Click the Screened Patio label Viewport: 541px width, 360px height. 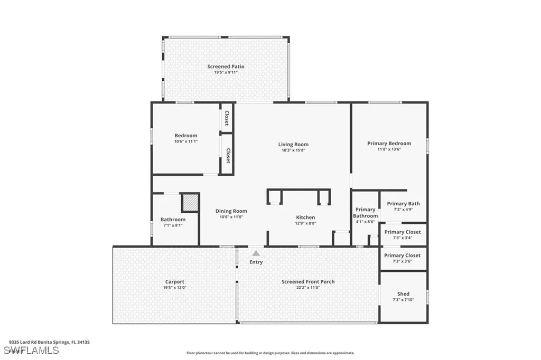point(226,67)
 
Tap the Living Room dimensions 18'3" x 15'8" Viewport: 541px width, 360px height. point(293,150)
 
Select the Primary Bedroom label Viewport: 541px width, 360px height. point(389,144)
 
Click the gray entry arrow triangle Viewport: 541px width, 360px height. point(256,253)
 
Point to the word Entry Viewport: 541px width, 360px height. point(256,262)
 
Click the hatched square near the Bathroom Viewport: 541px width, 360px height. point(190,203)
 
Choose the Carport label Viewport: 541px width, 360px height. point(174,282)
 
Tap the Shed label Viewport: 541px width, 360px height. point(403,294)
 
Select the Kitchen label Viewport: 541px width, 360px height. point(305,217)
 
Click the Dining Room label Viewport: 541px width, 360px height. point(231,211)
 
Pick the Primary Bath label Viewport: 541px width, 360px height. point(403,204)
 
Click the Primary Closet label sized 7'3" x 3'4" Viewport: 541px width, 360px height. point(403,232)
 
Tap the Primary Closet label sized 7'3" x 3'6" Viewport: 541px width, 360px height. point(403,255)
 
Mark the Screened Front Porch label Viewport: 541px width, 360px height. point(308,282)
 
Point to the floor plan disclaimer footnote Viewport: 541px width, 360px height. point(270,353)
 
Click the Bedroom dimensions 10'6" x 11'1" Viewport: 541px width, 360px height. point(185,141)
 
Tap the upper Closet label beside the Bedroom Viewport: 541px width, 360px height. point(227,118)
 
